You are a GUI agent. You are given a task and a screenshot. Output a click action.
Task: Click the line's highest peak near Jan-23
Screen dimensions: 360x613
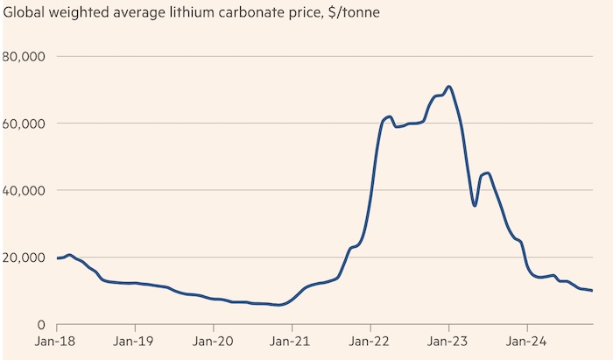448,87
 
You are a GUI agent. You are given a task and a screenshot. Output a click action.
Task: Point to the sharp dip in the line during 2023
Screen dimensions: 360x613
474,205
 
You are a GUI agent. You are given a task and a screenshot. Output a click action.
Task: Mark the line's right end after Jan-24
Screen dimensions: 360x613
592,291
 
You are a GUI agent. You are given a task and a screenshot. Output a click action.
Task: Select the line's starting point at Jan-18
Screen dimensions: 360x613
57,258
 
